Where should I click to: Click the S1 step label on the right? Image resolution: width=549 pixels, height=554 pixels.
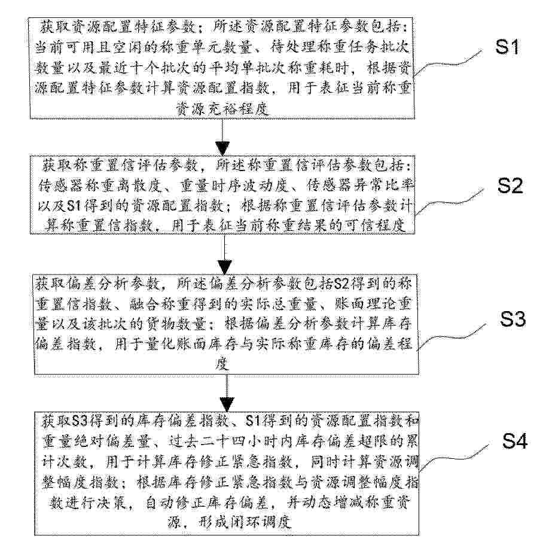point(507,47)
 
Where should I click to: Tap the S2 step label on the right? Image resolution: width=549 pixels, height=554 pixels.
point(510,185)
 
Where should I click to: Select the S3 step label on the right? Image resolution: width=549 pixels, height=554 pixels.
point(513,319)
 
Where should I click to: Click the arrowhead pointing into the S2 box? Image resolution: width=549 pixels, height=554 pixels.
point(223,148)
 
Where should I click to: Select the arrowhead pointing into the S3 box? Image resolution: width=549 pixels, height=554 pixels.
point(225,267)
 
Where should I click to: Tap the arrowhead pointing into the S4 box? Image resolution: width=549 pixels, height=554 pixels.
point(227,404)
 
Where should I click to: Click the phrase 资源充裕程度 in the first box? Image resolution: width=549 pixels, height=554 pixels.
point(222,109)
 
